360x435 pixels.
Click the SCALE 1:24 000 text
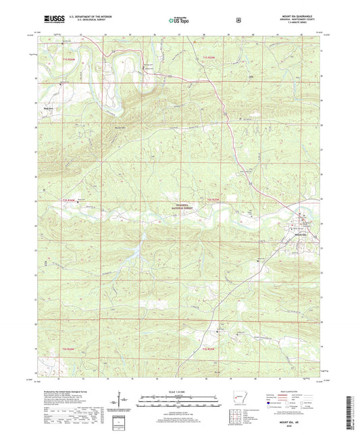point(180,391)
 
